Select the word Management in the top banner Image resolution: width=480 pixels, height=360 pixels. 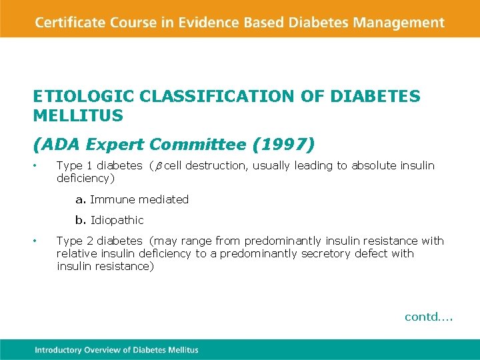pos(399,23)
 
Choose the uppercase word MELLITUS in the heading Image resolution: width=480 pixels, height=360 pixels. pos(78,116)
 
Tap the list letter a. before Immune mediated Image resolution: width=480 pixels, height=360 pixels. pos(81,199)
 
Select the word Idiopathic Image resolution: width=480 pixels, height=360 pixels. pos(117,220)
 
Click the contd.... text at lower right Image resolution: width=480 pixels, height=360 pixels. pos(428,317)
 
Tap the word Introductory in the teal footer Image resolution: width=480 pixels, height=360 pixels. pos(58,350)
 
